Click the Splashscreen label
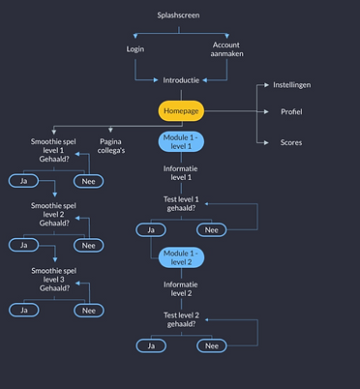point(178,15)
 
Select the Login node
point(135,49)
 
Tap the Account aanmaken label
point(226,49)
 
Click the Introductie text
point(181,80)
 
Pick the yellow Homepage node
point(181,111)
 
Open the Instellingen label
point(292,85)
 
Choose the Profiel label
point(291,111)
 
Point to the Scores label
point(291,142)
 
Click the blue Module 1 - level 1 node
point(181,141)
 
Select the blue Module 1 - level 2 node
point(181,257)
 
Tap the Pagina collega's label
point(111,146)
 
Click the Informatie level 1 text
point(181,173)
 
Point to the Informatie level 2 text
point(181,288)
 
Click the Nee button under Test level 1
point(212,230)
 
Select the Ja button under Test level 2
point(151,345)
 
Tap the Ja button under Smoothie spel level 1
point(23,181)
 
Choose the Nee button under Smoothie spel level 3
point(89,311)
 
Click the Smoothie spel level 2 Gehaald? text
point(54,214)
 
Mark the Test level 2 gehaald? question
point(181,319)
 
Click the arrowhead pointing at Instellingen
point(266,85)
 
